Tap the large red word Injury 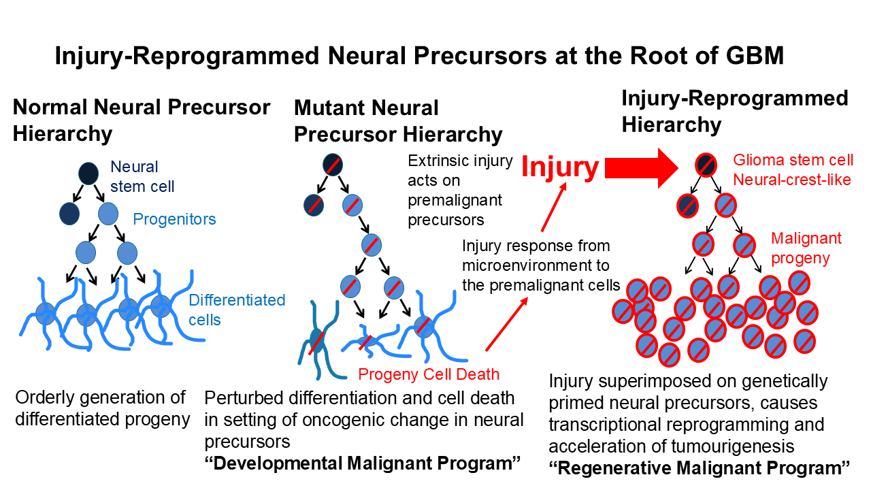point(560,167)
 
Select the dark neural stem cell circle point(87,174)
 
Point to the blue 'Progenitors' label point(174,219)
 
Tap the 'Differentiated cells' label point(237,309)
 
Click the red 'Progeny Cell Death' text point(429,374)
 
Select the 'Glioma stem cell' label point(793,160)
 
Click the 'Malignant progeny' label point(806,248)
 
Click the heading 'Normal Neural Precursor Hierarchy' point(142,120)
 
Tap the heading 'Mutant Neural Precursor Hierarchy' point(398,120)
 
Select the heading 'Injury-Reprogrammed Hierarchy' point(735,111)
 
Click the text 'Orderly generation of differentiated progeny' point(102,408)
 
